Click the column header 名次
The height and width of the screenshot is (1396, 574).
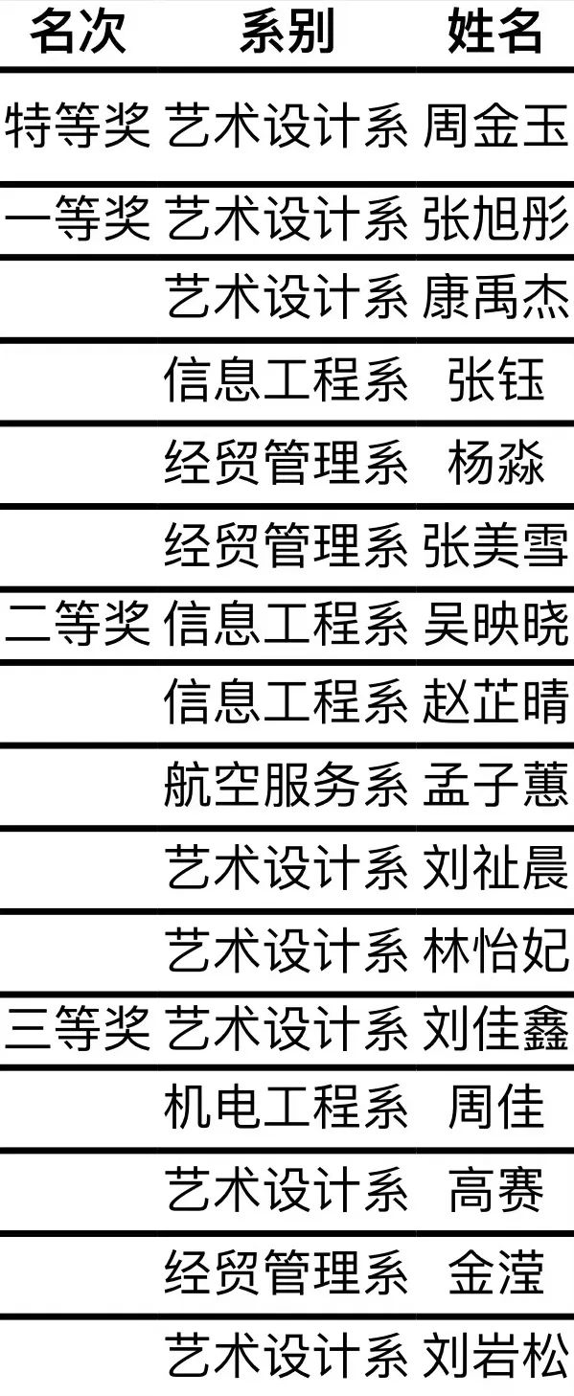point(78,32)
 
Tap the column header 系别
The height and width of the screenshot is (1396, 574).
point(287,32)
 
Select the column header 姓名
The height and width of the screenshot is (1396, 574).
point(495,32)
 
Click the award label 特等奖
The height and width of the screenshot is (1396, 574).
point(78,126)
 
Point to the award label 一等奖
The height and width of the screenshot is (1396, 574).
point(78,217)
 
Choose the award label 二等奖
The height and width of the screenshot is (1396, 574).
point(78,623)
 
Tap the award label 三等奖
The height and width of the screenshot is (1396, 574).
point(78,1027)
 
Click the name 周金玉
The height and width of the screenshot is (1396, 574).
point(495,126)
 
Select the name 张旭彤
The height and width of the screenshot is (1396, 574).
point(495,217)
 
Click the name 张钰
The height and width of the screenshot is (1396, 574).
point(496,378)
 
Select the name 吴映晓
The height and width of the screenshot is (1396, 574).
point(495,623)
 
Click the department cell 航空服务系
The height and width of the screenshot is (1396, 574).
point(287,784)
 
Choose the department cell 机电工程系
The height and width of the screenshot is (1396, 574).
point(287,1107)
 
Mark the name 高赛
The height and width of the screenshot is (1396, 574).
point(496,1189)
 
